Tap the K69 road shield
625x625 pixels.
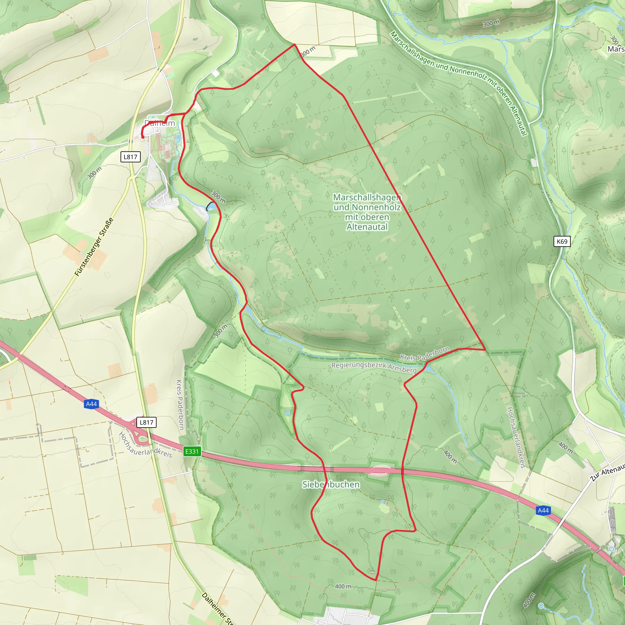[562, 241]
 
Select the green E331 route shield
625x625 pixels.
[192, 451]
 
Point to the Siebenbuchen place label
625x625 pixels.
[331, 485]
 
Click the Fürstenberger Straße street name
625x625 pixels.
[94, 247]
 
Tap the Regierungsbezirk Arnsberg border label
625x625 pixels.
[374, 367]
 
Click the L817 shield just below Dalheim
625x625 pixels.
[131, 157]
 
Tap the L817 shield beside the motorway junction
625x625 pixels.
[146, 422]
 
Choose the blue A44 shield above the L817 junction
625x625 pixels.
[91, 404]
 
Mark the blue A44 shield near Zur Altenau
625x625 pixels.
[543, 511]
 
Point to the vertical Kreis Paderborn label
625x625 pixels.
[179, 404]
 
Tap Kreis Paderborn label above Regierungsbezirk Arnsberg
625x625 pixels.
[424, 353]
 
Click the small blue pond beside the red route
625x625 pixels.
[211, 206]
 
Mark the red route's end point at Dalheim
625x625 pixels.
[143, 138]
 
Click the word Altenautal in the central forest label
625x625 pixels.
[367, 227]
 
